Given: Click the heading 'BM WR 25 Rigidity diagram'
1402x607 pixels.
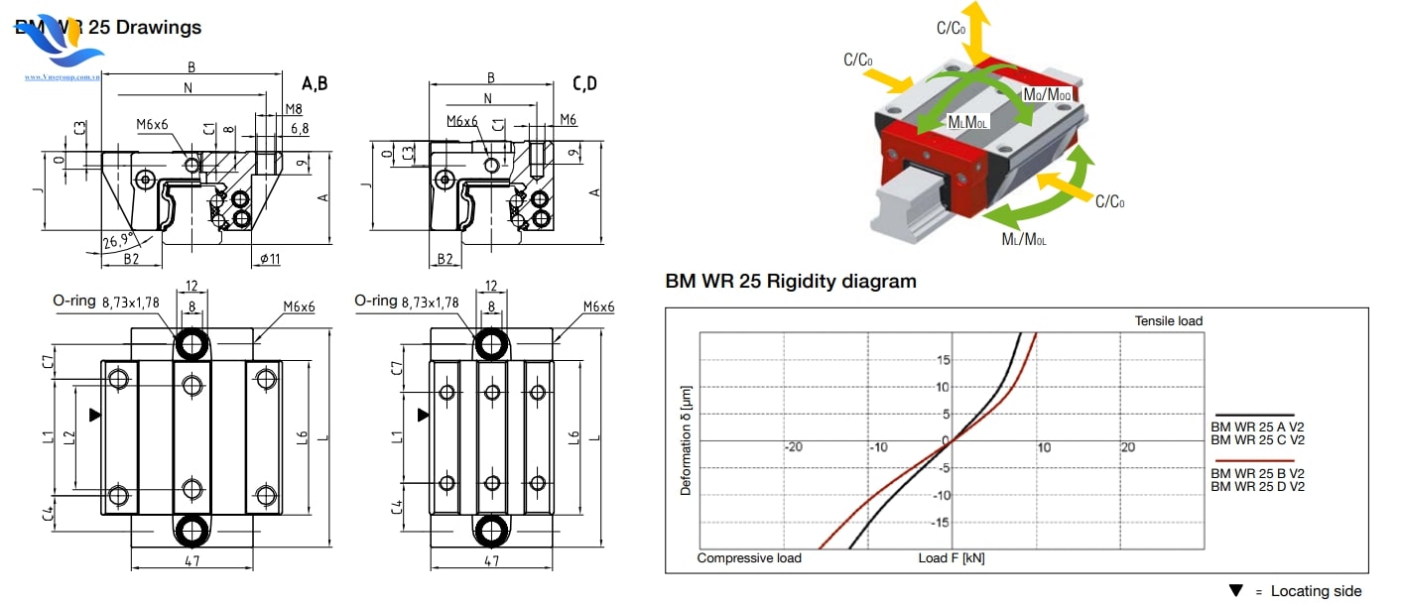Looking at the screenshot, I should pos(790,281).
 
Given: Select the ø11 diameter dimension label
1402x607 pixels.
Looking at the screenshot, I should pos(270,259).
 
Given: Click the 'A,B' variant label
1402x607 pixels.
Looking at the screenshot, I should pos(315,84).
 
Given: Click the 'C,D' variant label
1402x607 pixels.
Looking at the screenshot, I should pos(584,84).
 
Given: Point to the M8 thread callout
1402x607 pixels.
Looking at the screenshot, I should pos(293,108).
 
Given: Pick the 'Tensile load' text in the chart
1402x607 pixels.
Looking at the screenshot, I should pos(1168,320).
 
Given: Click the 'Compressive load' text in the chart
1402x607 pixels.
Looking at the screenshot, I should pos(749,557).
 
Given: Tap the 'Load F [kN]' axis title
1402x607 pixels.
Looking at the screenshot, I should pos(952,558).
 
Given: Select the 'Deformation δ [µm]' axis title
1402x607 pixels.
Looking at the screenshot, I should pos(685,441).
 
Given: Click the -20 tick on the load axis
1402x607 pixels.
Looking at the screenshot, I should pos(793,447).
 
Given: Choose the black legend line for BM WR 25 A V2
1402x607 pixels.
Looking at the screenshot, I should pos(1252,416).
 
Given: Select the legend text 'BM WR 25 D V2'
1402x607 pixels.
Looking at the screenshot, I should pos(1257,486).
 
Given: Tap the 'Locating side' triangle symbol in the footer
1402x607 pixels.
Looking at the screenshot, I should pos(1235,591).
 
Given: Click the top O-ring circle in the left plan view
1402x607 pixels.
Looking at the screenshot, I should pos(192,344).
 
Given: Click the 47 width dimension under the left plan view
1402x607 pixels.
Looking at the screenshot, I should pos(192,560).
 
